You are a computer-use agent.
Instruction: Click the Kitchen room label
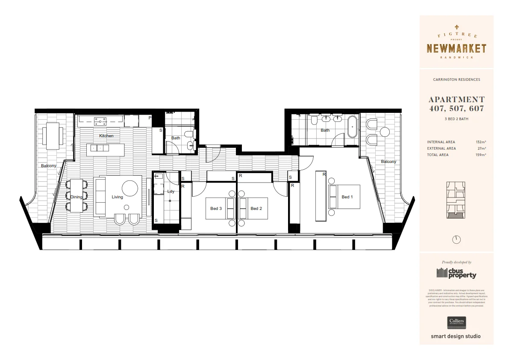tap(106, 136)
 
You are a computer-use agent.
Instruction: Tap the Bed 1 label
tap(347, 197)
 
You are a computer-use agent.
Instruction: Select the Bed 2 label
tap(256, 209)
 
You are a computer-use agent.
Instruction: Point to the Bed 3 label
tap(216, 209)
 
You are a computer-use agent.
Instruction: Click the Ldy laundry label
tap(171, 192)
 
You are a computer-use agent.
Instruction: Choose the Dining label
tap(76, 197)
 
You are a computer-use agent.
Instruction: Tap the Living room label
tap(117, 197)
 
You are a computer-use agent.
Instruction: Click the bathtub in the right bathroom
tap(353, 127)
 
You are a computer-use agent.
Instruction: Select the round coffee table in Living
tap(130, 188)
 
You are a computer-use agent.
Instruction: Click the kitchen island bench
tap(106, 148)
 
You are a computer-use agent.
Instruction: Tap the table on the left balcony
tap(53, 136)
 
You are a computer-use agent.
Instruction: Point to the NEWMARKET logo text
tap(456, 48)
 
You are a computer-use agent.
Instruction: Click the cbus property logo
tap(456, 273)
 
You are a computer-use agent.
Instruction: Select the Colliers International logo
tap(456, 322)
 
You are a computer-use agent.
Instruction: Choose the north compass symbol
tap(456, 239)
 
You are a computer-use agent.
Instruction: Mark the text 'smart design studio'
tap(456, 336)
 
